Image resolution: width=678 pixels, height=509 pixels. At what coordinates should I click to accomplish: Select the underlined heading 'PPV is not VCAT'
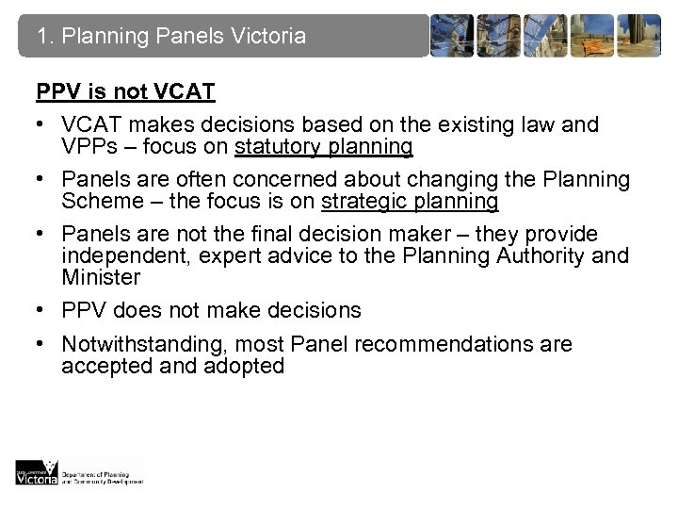coord(125,92)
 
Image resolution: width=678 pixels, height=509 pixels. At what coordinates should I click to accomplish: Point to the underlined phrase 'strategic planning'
coord(410,201)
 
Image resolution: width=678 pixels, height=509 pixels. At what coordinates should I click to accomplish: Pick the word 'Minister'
coord(101,277)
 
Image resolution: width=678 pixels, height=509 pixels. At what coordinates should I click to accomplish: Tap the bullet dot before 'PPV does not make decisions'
coord(42,311)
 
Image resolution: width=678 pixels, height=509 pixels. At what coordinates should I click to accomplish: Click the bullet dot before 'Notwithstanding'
coord(42,344)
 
